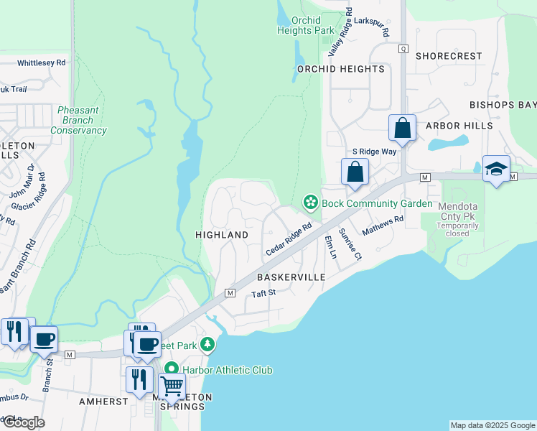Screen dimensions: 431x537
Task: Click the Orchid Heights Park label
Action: pos(307,25)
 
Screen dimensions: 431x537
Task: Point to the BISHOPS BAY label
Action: pos(503,105)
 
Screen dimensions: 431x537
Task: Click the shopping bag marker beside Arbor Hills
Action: pos(403,129)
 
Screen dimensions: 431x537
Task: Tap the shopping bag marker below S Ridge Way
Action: pos(355,172)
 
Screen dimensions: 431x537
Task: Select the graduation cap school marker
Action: pos(496,169)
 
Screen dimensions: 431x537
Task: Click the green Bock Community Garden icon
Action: pos(311,203)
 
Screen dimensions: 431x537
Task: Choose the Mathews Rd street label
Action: pos(383,228)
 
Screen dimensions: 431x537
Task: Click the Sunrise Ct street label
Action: pos(349,244)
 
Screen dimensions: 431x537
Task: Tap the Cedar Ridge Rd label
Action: pos(289,238)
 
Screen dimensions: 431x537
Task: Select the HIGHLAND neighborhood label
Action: pos(222,235)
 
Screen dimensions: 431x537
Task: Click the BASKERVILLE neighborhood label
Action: pos(291,277)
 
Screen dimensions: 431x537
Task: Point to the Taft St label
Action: pos(263,293)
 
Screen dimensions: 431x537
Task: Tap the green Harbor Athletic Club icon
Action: pos(172,370)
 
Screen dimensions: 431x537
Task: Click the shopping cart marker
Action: pos(172,386)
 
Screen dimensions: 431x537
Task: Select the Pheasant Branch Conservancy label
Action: pos(79,121)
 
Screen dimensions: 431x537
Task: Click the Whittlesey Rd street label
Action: pos(41,62)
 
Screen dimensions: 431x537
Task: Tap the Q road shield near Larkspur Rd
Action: pos(403,48)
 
